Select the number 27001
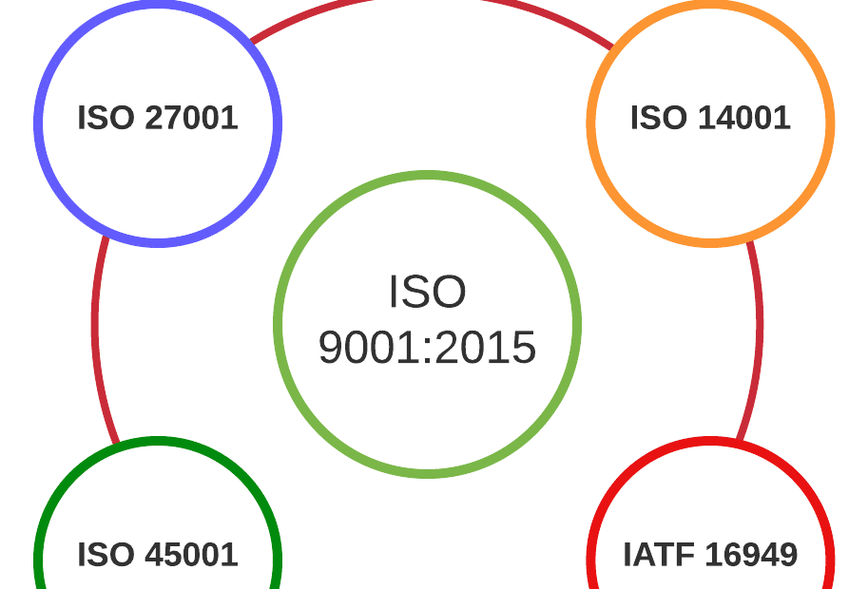(x=192, y=118)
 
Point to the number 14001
(x=744, y=118)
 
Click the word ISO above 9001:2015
(x=427, y=292)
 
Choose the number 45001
(x=192, y=555)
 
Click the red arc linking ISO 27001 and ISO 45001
(x=96, y=323)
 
